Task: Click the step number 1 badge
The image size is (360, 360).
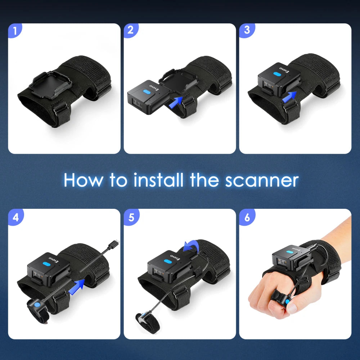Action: point(15,31)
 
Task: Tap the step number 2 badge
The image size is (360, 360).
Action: point(131,31)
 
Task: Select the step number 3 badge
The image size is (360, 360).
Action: point(247,31)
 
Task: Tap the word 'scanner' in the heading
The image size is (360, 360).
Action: point(262,180)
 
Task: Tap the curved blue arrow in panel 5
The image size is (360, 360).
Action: point(190,247)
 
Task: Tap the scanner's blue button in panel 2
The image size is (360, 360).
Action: point(146,92)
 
